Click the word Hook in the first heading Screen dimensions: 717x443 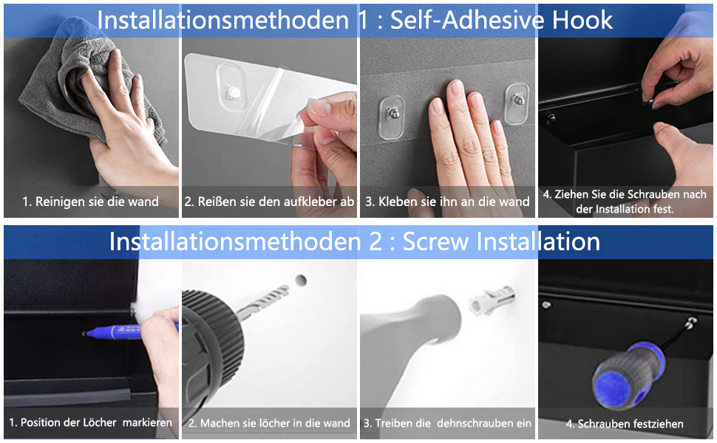(x=582, y=20)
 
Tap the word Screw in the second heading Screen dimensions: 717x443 (x=435, y=241)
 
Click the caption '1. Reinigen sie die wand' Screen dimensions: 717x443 (x=90, y=202)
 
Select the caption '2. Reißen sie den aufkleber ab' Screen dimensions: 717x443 (x=269, y=202)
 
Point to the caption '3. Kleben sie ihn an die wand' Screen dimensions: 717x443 (x=447, y=202)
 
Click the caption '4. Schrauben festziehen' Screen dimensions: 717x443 (x=625, y=424)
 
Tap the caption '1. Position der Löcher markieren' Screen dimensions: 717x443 (x=90, y=422)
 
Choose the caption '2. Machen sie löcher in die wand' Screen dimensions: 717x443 (x=269, y=423)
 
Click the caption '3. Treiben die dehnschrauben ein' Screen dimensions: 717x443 (x=447, y=423)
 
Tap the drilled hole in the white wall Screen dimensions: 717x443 (x=300, y=281)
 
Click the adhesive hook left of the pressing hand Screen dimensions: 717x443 (x=392, y=117)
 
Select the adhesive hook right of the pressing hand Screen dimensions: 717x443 (x=517, y=103)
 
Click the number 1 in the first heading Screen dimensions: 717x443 (x=363, y=21)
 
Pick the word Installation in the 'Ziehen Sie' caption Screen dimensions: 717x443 (x=620, y=209)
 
